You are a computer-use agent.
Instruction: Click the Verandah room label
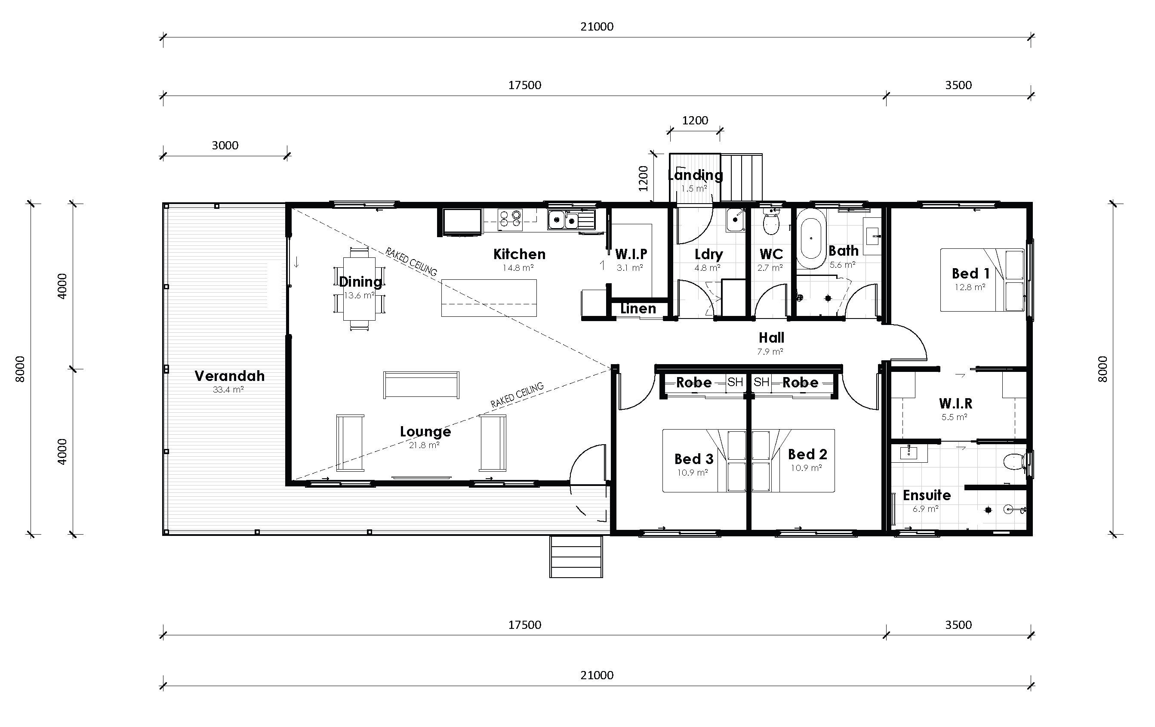(229, 376)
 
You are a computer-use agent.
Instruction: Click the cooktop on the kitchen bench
(509, 220)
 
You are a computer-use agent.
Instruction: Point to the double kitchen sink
(564, 221)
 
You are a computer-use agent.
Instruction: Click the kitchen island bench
(488, 298)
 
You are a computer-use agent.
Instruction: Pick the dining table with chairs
(359, 288)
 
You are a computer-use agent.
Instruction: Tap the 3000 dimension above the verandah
(225, 145)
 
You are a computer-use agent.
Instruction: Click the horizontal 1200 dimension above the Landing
(695, 121)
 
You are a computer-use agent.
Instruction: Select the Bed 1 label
(970, 273)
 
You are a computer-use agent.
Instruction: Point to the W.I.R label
(955, 404)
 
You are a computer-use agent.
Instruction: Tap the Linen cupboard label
(638, 309)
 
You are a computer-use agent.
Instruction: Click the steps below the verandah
(576, 556)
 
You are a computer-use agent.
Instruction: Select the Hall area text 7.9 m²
(770, 352)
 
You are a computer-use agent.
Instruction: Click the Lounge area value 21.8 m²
(424, 445)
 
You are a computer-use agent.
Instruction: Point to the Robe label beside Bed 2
(800, 383)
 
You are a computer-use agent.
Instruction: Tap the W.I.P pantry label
(631, 254)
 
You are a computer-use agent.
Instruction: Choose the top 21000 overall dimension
(597, 27)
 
